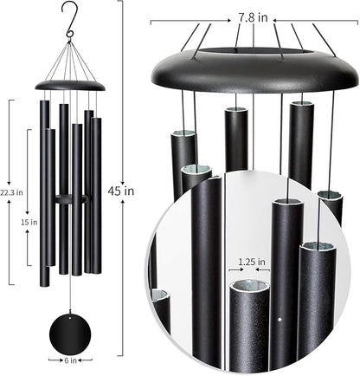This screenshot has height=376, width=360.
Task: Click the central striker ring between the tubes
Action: pos(68,200)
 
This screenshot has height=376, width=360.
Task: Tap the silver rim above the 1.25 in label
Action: pos(249,286)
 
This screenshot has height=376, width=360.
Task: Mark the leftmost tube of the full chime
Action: pos(43,182)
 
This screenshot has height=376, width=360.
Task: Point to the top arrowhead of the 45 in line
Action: pos(122,3)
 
